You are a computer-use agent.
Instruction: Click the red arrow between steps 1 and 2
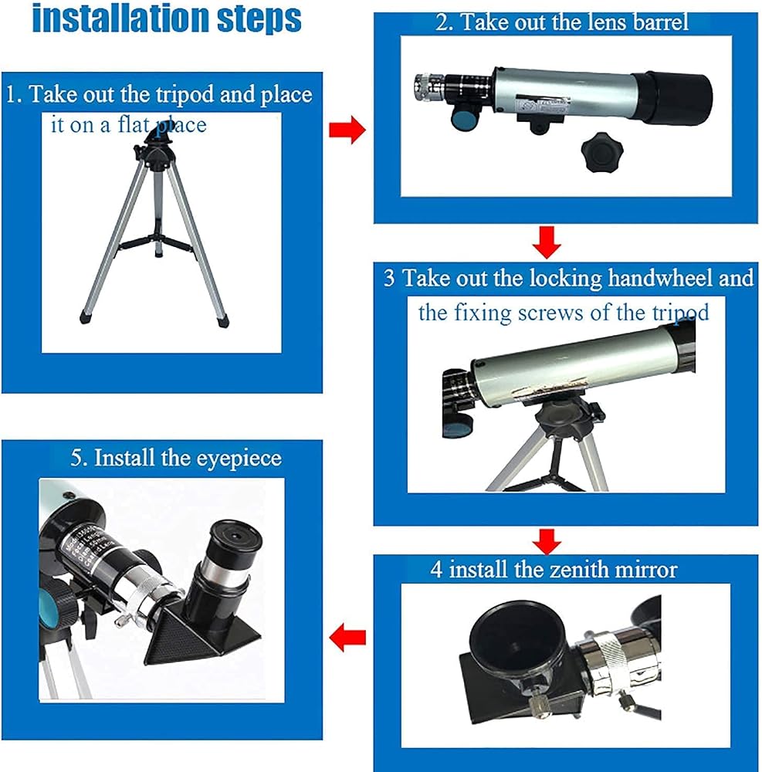(x=347, y=130)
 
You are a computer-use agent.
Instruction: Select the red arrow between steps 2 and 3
(x=547, y=242)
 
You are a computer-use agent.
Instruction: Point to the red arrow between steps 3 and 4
(x=547, y=541)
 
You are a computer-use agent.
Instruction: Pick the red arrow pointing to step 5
(x=347, y=638)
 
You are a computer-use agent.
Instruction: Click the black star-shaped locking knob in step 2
(x=601, y=151)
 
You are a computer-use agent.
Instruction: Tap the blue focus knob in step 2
(x=463, y=120)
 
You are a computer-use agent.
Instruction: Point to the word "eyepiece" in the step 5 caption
(x=239, y=459)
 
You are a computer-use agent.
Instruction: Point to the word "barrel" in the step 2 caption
(x=661, y=22)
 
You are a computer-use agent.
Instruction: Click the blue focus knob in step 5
(x=52, y=608)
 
